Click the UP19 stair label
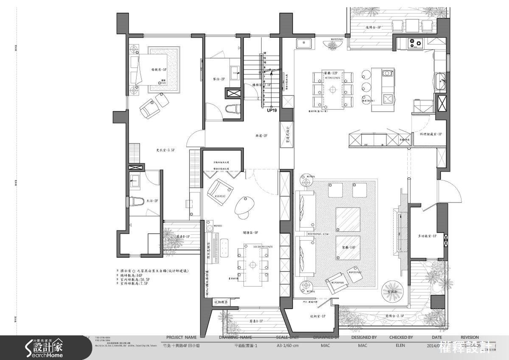tap(272, 111)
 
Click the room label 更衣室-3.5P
tap(165, 150)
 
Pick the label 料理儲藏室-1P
tap(431, 134)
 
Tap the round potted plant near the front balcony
tap(390, 291)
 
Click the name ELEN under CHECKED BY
tap(401, 346)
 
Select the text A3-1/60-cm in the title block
tap(288, 346)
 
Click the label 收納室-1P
tap(318, 316)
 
